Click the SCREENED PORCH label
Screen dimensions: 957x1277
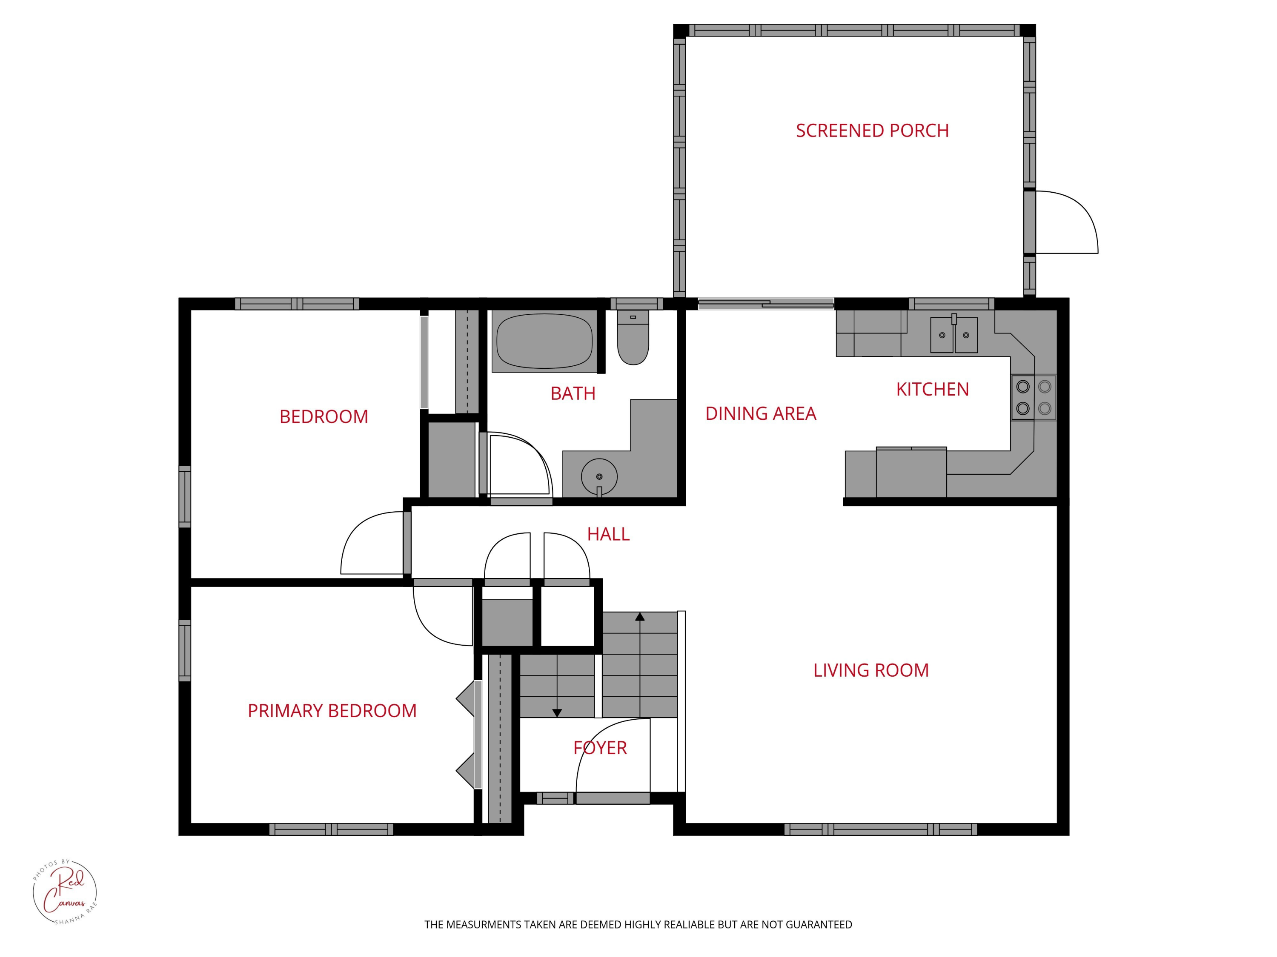[x=872, y=131]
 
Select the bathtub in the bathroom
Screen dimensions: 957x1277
[x=544, y=341]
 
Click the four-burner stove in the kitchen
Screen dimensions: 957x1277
[x=1034, y=397]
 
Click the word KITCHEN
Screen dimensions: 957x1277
[x=932, y=390]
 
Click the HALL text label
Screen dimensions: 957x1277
[x=608, y=535]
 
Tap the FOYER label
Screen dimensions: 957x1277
[x=600, y=748]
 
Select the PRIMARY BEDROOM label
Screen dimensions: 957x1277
[x=332, y=711]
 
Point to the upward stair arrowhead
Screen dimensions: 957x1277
[x=640, y=617]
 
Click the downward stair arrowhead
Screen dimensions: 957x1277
[x=556, y=713]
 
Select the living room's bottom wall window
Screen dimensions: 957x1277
[x=880, y=829]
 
